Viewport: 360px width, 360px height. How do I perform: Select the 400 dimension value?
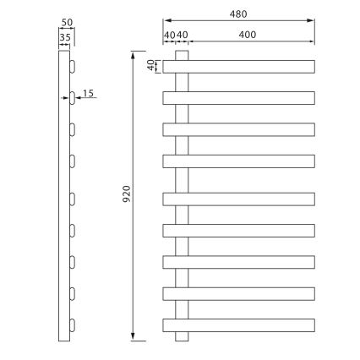tap(248, 35)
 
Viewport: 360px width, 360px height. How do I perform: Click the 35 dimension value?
tap(65, 37)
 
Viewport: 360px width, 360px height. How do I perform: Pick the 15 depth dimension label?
tap(89, 93)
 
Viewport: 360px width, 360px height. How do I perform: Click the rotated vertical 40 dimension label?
tap(151, 65)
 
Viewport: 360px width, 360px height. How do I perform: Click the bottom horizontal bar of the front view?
tap(238, 325)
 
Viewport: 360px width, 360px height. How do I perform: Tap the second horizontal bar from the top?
tap(238, 98)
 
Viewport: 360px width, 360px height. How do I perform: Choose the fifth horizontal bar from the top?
tap(238, 199)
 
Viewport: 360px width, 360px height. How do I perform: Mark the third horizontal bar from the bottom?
tap(238, 261)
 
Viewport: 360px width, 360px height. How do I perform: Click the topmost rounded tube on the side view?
tap(74, 65)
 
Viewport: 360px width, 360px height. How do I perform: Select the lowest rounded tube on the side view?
tap(74, 325)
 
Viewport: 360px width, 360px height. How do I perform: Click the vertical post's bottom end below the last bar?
tap(182, 335)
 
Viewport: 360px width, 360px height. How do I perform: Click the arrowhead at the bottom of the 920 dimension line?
tap(135, 335)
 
